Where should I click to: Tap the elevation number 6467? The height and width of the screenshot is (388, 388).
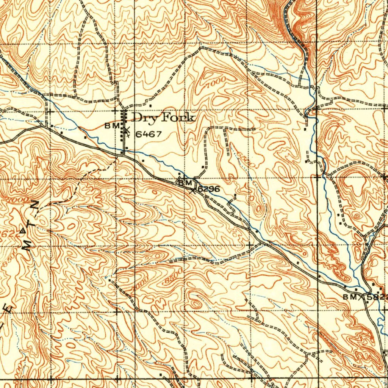click(149, 134)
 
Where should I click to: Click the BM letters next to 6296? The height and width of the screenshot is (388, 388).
click(186, 183)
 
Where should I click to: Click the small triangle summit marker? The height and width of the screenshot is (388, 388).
click(23, 230)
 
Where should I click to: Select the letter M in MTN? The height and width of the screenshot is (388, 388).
click(27, 246)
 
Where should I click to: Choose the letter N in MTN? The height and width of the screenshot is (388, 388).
click(35, 205)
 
